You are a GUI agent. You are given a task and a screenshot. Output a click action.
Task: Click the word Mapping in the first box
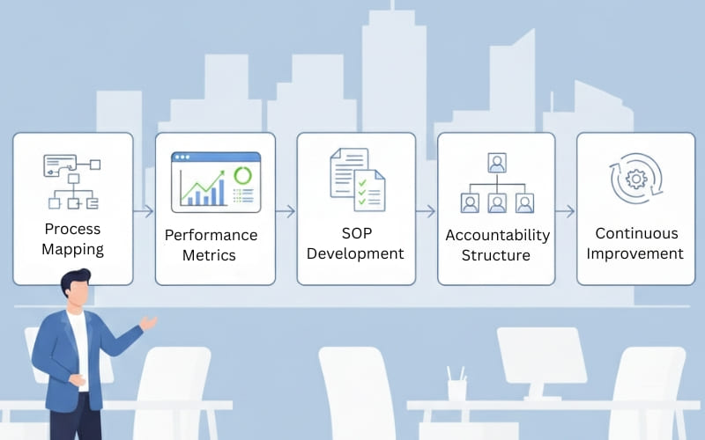pyautogui.click(x=73, y=250)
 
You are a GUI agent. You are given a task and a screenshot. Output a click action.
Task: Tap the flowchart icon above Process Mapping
pyautogui.click(x=72, y=181)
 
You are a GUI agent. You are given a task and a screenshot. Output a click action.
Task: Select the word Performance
pyautogui.click(x=211, y=235)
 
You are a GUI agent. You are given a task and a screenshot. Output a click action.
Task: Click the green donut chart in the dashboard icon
pyautogui.click(x=242, y=176)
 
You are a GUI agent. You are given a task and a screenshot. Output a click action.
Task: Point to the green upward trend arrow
pyautogui.click(x=205, y=182)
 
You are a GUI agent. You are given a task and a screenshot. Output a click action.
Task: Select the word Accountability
pyautogui.click(x=497, y=235)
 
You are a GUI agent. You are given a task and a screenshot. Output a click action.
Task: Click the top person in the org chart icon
pyautogui.click(x=497, y=163)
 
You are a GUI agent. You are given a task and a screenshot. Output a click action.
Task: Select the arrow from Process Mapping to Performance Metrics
pyautogui.click(x=144, y=211)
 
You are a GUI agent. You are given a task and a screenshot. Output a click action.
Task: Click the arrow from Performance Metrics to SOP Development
pyautogui.click(x=286, y=211)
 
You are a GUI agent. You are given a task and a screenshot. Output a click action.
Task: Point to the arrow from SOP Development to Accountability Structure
pyautogui.click(x=426, y=211)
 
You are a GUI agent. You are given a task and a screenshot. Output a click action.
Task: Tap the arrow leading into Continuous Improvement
pyautogui.click(x=566, y=211)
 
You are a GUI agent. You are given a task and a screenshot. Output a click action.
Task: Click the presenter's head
pyautogui.click(x=77, y=289)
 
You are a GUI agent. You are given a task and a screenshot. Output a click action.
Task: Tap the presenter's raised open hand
pyautogui.click(x=148, y=323)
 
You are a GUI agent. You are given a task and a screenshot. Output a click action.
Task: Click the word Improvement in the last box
pyautogui.click(x=636, y=253)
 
